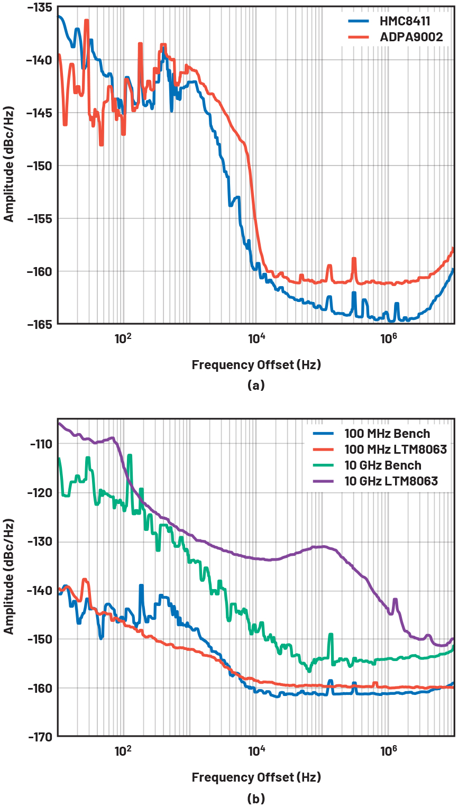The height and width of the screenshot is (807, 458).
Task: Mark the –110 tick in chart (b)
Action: click(x=41, y=443)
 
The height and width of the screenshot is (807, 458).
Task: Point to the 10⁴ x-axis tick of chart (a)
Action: click(x=256, y=337)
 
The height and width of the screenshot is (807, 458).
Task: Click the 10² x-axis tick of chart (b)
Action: click(x=123, y=749)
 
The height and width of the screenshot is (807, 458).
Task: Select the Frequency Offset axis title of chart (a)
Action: click(x=256, y=364)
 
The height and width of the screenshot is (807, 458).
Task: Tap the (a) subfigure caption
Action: click(x=256, y=386)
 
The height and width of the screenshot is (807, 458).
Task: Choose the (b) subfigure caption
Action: click(x=256, y=798)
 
